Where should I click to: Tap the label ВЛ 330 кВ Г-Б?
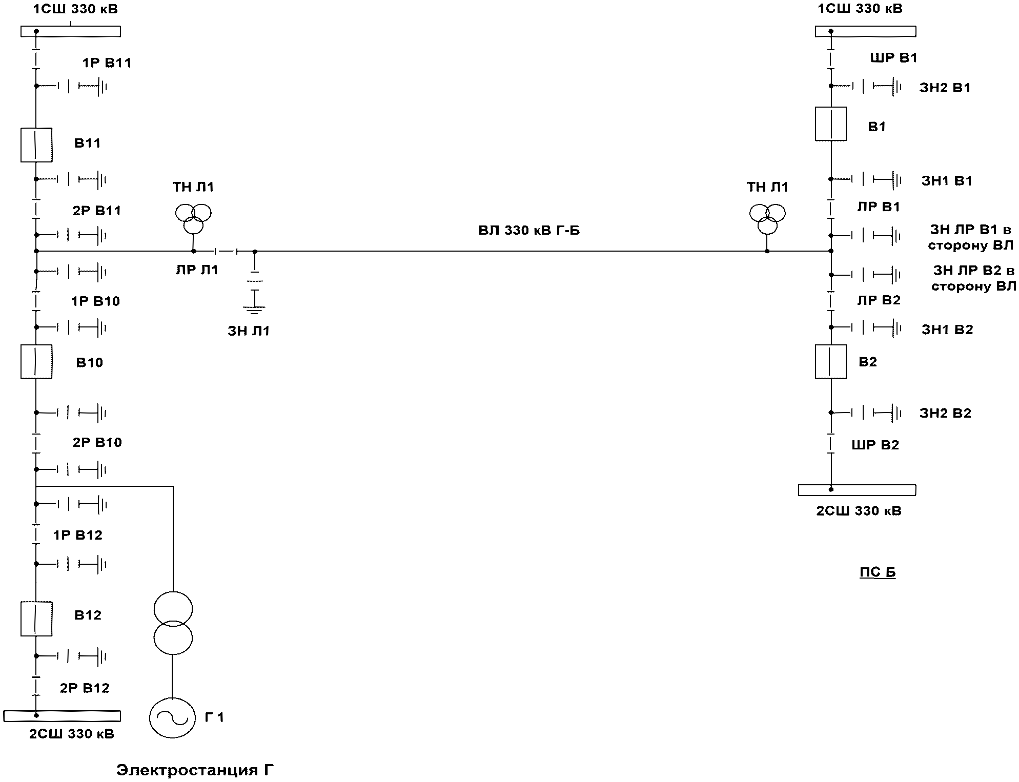529,230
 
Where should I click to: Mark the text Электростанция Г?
195,770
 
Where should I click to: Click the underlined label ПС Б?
878,572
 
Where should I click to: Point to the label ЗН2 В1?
945,88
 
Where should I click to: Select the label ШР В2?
875,445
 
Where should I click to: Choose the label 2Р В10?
97,442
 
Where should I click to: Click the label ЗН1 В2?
947,330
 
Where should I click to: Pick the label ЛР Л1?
197,270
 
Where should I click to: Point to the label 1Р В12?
78,535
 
